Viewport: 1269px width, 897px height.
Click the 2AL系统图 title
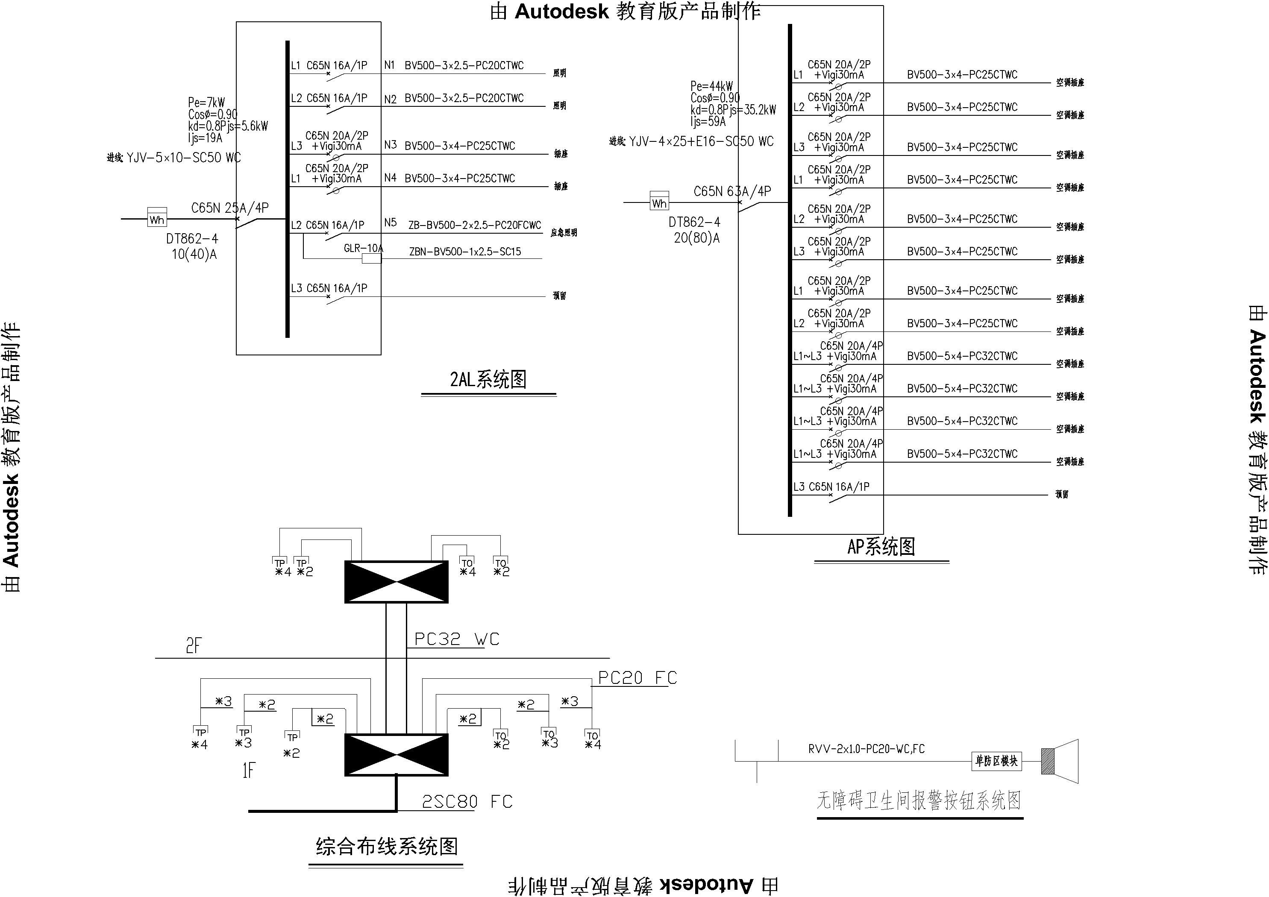coord(488,380)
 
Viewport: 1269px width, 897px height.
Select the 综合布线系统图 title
coord(386,846)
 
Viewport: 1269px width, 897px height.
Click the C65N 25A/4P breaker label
coord(230,208)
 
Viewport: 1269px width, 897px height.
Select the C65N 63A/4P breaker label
coord(732,191)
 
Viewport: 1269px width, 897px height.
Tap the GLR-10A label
coord(363,248)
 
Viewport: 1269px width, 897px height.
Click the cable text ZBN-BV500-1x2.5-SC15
coord(465,252)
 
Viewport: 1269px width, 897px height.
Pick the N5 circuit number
coord(390,222)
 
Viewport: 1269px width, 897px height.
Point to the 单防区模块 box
coord(996,761)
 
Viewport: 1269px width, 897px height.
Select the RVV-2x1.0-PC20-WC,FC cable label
coord(866,749)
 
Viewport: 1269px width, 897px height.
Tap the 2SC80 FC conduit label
coord(467,801)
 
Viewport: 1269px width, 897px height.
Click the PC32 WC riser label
coord(456,639)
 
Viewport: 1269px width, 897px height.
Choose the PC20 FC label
coord(637,678)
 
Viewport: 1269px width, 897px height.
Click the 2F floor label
coord(194,645)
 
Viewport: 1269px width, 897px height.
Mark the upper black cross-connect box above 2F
coord(396,582)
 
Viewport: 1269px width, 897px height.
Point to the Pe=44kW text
coord(711,86)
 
